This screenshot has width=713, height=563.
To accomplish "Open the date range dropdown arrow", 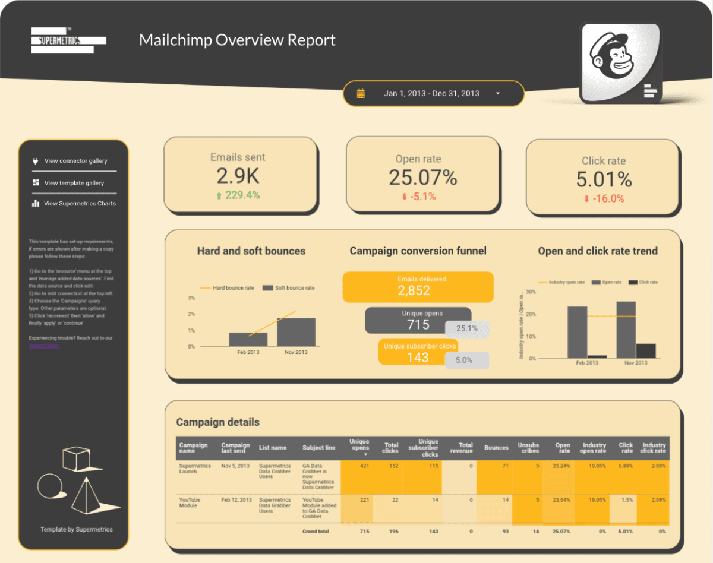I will pos(497,94).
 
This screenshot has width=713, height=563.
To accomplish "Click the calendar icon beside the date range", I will pos(361,93).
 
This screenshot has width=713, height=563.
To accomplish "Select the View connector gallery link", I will pos(75,161).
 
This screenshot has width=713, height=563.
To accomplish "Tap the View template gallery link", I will pos(74,183).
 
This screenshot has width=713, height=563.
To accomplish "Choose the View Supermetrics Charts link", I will pos(80,204).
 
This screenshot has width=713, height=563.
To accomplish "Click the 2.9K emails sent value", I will pos(238,176).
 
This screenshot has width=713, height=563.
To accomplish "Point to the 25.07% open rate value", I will pos(422,177).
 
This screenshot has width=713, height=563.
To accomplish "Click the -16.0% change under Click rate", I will pos(604,199).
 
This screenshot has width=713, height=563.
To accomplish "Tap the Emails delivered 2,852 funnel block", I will pos(418,286).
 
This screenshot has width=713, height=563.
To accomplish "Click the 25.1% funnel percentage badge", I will pos(467,328).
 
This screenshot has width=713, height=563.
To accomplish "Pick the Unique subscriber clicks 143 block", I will pos(418,352).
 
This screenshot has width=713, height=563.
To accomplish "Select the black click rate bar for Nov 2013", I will pos(646,350).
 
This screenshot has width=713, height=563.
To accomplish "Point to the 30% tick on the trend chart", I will pos(531,292).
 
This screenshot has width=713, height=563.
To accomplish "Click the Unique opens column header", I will pos(359,448).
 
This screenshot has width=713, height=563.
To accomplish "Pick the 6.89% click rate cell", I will pos(626,466).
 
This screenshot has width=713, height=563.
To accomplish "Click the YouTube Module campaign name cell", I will pos(190,503).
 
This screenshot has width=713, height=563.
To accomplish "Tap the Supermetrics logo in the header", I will pos(68,40).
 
